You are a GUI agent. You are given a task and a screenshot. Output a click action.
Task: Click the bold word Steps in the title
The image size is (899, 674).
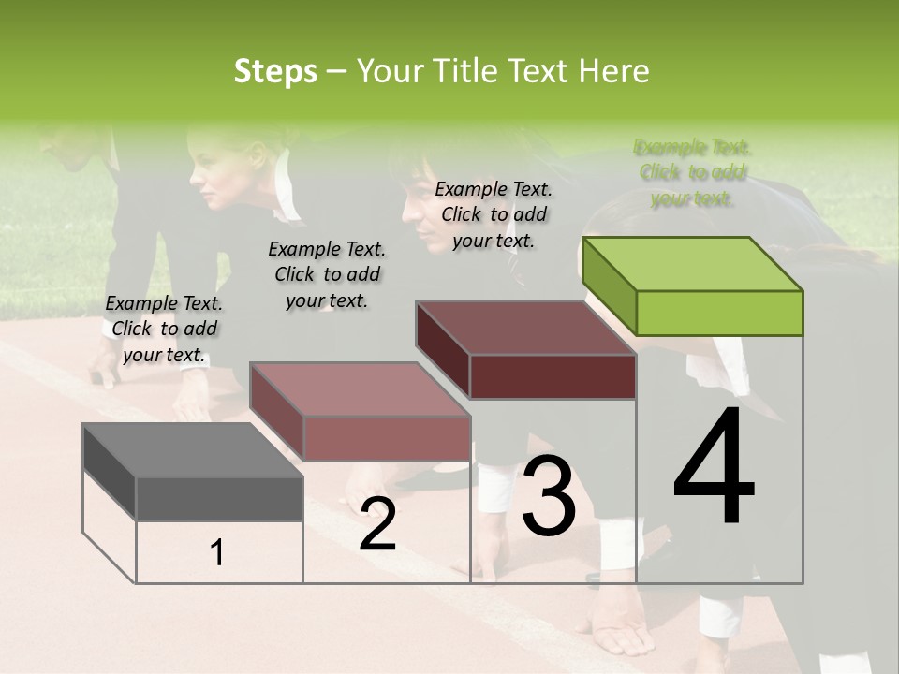coord(275,71)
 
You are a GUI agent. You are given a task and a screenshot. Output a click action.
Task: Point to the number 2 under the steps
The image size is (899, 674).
coord(377,523)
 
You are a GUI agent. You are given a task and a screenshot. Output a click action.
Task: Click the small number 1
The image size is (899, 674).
coord(217,552)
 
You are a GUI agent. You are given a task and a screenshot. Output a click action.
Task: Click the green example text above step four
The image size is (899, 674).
coord(692,173)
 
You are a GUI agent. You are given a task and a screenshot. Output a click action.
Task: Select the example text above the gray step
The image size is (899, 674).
coord(164,329)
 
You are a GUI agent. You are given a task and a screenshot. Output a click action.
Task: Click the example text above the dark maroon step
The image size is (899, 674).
coord(494,214)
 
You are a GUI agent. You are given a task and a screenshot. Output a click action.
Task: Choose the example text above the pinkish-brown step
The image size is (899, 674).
coord(327,274)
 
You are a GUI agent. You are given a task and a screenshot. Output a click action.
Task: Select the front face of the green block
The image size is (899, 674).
coord(719,313)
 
